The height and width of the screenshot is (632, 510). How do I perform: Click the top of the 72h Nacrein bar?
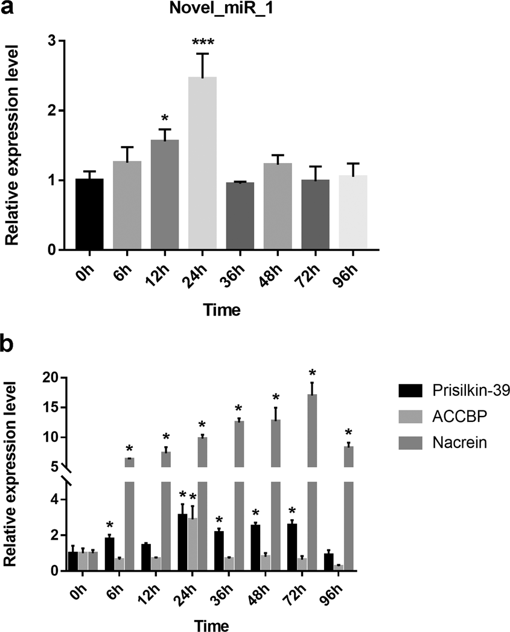(313, 395)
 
